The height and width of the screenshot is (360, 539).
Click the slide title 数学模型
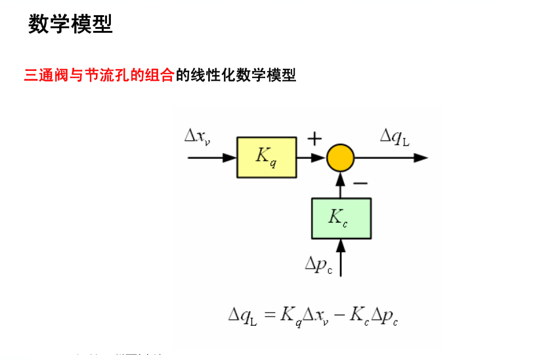point(70,24)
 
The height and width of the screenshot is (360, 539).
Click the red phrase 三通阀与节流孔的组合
point(99,76)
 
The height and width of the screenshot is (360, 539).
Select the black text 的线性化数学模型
point(236,76)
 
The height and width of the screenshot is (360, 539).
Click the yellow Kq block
point(266,158)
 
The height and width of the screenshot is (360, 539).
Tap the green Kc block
point(340,217)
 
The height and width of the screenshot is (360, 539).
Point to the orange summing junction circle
point(340,158)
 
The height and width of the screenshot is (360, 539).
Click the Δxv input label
point(198,137)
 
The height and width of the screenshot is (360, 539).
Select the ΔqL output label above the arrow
point(395,137)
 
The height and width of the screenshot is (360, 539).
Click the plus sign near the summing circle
point(315,139)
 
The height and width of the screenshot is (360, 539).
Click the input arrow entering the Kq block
point(211,158)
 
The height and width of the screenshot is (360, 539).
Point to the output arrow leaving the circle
point(391,158)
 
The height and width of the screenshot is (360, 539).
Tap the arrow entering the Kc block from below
point(340,257)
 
